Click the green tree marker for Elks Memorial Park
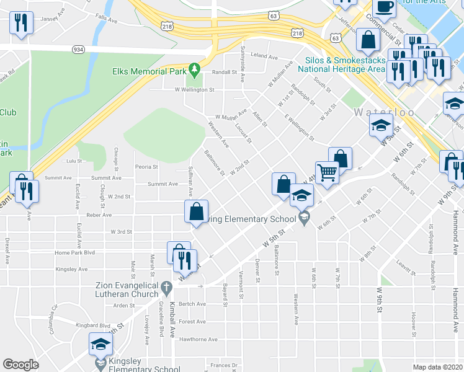coord(195,68)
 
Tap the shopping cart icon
coord(326,172)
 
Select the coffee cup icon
coord(384,7)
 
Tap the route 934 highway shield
coord(78,48)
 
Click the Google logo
coord(21,365)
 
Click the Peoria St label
coord(146,166)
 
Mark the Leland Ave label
coord(264,56)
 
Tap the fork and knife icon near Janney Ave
coord(22,24)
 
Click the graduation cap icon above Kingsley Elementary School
coord(100,343)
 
